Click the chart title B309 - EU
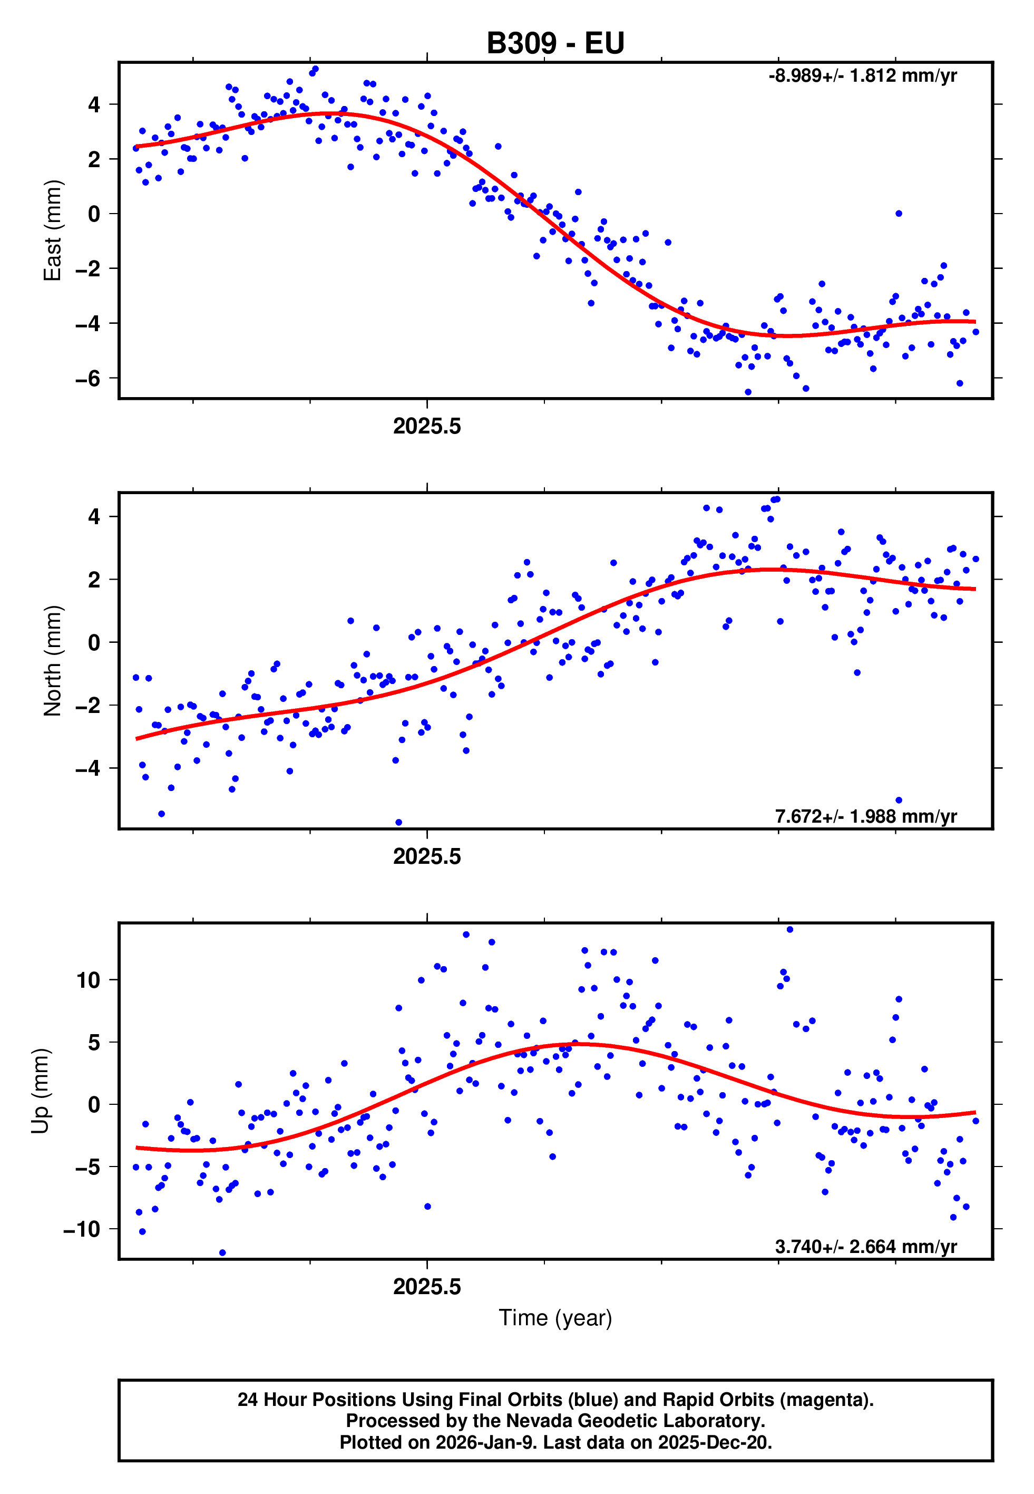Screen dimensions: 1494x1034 pos(555,43)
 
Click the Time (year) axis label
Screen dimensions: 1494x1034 pos(555,1318)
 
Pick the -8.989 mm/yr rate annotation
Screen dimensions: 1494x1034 pos(862,76)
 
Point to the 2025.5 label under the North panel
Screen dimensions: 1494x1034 pos(427,856)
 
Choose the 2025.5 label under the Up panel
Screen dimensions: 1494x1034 pos(427,1287)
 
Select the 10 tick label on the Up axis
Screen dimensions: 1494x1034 pos(88,980)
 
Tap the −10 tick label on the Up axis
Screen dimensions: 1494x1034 pos(82,1230)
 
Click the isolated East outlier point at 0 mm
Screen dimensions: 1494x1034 pos(899,213)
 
